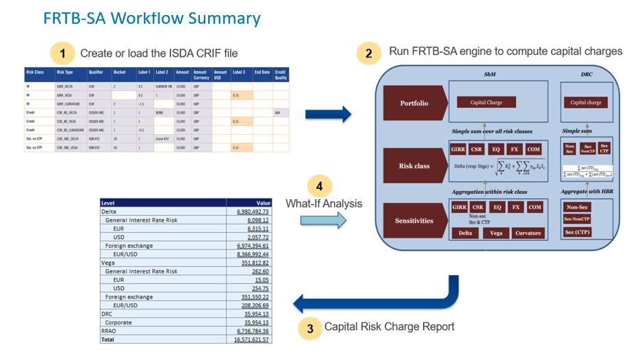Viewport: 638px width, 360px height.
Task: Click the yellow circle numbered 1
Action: pos(63,53)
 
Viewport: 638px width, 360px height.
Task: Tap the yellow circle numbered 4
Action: pos(320,186)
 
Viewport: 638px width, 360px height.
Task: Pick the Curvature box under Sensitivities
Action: pos(528,233)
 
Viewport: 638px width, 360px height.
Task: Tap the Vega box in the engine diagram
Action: pos(496,233)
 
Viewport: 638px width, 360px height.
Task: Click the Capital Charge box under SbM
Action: pos(487,103)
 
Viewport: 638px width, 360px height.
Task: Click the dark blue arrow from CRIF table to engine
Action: pos(328,112)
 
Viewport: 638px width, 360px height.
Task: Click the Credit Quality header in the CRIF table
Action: pos(281,74)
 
